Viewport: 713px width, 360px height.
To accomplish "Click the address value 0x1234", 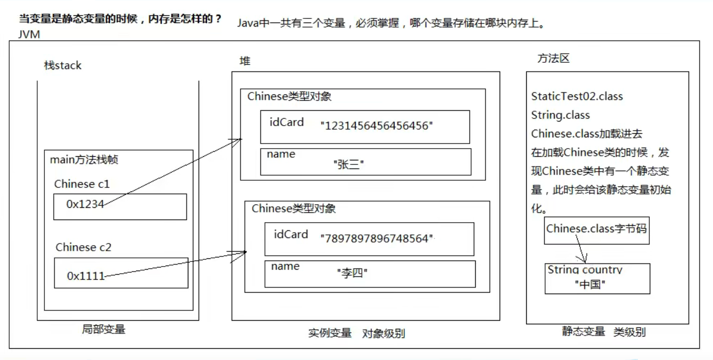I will (85, 204).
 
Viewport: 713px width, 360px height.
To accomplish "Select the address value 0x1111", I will (86, 276).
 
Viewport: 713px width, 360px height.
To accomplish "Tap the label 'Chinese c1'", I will (82, 184).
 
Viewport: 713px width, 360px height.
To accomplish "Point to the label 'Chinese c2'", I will (83, 247).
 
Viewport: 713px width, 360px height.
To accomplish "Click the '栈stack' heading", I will (62, 65).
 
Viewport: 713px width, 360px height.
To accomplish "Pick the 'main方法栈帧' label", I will (84, 159).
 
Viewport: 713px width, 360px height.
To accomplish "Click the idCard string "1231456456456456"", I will (377, 125).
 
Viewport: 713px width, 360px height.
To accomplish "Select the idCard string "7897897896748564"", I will (377, 238).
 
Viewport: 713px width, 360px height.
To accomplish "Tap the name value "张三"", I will (349, 164).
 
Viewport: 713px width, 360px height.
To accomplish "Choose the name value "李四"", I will (352, 273).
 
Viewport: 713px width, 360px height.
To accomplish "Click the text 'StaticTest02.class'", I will (577, 97).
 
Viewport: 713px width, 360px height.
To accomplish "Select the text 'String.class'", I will (560, 115).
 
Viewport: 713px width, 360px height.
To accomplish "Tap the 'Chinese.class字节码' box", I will (596, 229).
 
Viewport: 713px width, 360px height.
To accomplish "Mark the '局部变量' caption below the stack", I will (103, 329).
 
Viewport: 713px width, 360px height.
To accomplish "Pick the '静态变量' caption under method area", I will (583, 331).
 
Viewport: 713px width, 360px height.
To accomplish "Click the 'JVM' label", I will (29, 35).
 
